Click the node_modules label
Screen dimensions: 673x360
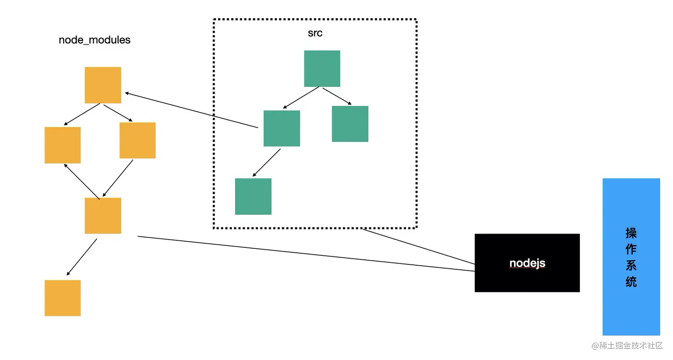pyautogui.click(x=94, y=40)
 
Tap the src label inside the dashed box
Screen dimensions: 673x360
pyautogui.click(x=315, y=33)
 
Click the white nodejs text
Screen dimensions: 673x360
pyautogui.click(x=527, y=263)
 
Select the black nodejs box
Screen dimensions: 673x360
pyautogui.click(x=527, y=263)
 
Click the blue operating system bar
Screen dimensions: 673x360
pyautogui.click(x=631, y=257)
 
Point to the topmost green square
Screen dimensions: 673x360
pyautogui.click(x=322, y=69)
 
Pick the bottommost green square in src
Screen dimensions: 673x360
pyautogui.click(x=253, y=196)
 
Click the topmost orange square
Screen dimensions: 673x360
pyautogui.click(x=103, y=85)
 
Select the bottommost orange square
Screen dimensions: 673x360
pyautogui.click(x=62, y=298)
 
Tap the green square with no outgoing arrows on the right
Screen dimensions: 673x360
pyautogui.click(x=350, y=124)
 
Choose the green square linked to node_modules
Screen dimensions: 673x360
pyautogui.click(x=282, y=128)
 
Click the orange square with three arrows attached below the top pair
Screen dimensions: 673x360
pyautogui.click(x=103, y=215)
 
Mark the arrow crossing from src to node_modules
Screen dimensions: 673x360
pyautogui.click(x=191, y=110)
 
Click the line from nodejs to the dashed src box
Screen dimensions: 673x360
pyautogui.click(x=418, y=247)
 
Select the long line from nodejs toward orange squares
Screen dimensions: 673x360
pyautogui.click(x=306, y=254)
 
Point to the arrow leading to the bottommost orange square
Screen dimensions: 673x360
pyautogui.click(x=82, y=257)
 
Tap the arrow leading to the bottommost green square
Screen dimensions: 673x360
pyautogui.click(x=267, y=163)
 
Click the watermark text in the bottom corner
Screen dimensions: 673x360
pyautogui.click(x=627, y=346)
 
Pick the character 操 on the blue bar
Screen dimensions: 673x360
pyautogui.click(x=631, y=233)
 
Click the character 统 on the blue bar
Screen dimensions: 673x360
pyautogui.click(x=631, y=282)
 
